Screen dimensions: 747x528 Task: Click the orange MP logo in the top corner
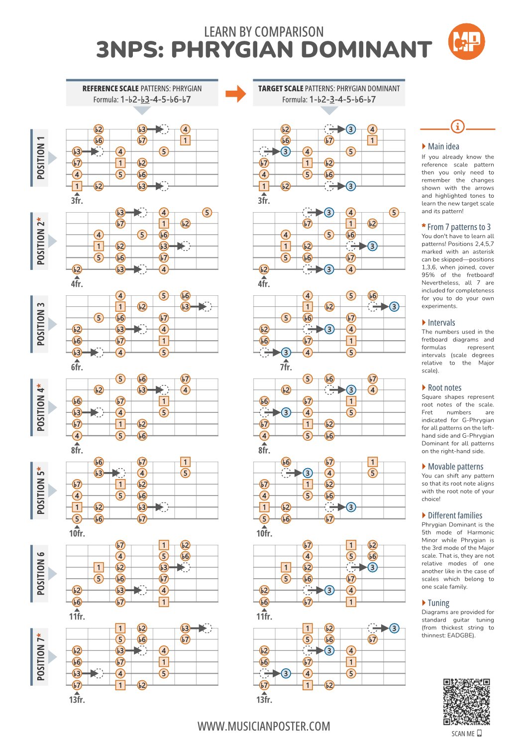click(466, 42)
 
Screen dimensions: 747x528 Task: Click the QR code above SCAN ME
click(466, 701)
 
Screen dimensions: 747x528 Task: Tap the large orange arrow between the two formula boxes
click(235, 93)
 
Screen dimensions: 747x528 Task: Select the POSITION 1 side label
click(41, 157)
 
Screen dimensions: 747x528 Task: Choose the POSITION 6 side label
click(41, 573)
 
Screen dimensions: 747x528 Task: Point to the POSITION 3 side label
click(41, 324)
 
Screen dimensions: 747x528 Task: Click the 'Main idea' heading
click(443, 146)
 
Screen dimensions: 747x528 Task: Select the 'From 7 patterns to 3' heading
click(458, 227)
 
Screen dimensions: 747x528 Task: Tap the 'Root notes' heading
click(444, 388)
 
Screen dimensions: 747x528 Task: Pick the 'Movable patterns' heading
click(455, 467)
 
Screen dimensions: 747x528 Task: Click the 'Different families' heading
click(454, 515)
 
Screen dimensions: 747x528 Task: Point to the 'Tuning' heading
click(438, 603)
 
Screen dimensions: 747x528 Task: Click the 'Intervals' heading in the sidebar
click(441, 323)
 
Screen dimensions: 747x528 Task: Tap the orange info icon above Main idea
click(457, 126)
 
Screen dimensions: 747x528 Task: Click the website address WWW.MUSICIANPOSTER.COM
click(264, 727)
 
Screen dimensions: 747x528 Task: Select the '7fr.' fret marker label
click(286, 368)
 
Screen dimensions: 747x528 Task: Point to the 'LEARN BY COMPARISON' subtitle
click(264, 32)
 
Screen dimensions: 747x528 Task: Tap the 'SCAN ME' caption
click(463, 734)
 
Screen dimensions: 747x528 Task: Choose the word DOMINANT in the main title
click(366, 50)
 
